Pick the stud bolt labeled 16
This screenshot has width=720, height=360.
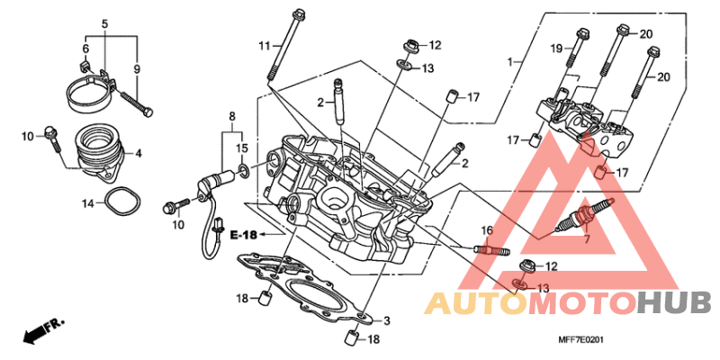[490, 250]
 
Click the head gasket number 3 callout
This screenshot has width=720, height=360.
[386, 320]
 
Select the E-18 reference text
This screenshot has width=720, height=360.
[243, 236]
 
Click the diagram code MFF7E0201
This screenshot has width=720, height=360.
[580, 340]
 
